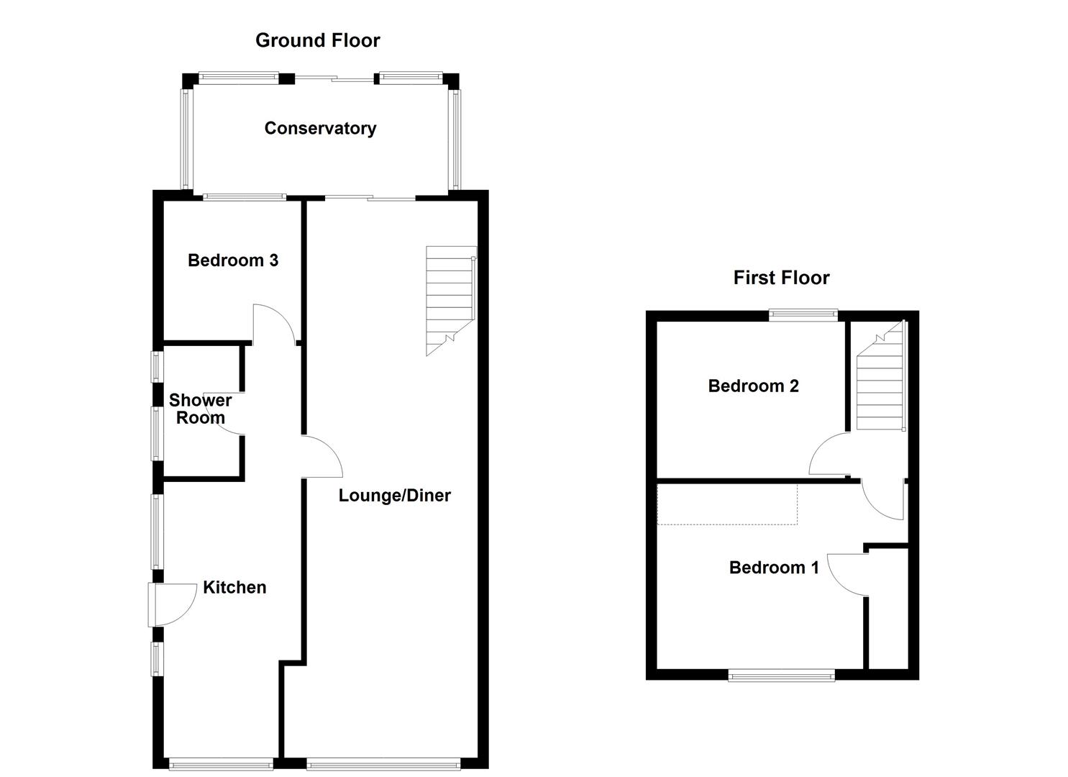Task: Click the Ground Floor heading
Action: point(317,40)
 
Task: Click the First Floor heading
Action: point(781,278)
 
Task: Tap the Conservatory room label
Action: point(320,128)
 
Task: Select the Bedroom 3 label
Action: point(233,260)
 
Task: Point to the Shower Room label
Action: point(200,409)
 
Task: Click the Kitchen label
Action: point(234,587)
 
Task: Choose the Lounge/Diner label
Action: point(394,495)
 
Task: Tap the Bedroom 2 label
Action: point(753,386)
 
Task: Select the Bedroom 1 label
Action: point(774,568)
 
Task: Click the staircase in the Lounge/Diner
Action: point(450,299)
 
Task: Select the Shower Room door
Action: point(229,414)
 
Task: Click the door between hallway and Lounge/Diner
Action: point(321,456)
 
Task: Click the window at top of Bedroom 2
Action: point(803,314)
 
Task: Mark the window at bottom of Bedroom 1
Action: point(781,674)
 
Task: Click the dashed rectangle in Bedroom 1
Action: point(727,504)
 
